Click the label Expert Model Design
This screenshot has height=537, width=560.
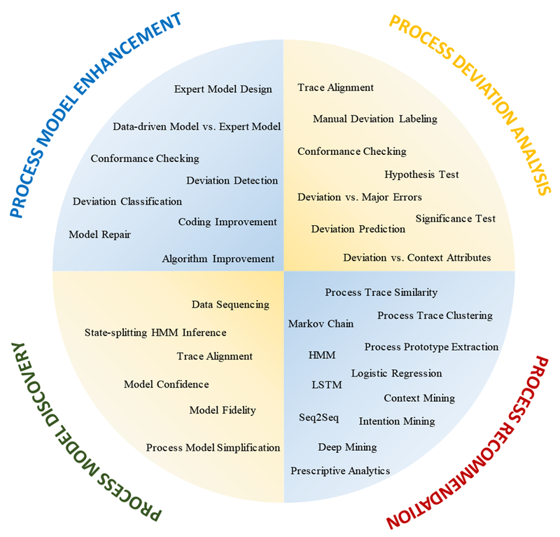pyautogui.click(x=223, y=89)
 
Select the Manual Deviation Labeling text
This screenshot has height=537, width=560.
pyautogui.click(x=374, y=119)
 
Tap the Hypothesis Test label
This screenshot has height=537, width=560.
pyautogui.click(x=421, y=175)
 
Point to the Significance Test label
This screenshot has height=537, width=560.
pyautogui.click(x=455, y=219)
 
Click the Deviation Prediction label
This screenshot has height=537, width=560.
pyautogui.click(x=358, y=229)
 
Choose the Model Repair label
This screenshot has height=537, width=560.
pyautogui.click(x=99, y=234)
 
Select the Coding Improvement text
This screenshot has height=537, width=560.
pyautogui.click(x=227, y=222)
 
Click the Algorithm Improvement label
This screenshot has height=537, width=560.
pyautogui.click(x=218, y=259)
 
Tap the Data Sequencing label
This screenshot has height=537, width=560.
pyautogui.click(x=230, y=304)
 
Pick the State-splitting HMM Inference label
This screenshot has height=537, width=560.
pyautogui.click(x=155, y=332)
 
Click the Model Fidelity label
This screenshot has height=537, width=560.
pyautogui.click(x=223, y=410)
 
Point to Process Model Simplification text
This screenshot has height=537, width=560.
pyautogui.click(x=213, y=447)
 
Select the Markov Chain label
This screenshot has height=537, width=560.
pyautogui.click(x=321, y=324)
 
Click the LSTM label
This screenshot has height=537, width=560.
pyautogui.click(x=324, y=385)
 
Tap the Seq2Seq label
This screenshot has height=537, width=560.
pyautogui.click(x=318, y=418)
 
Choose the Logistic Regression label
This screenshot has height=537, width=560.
pyautogui.click(x=396, y=373)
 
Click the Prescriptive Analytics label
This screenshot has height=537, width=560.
pyautogui.click(x=340, y=470)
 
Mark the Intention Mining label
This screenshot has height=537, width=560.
pyautogui.click(x=396, y=421)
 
